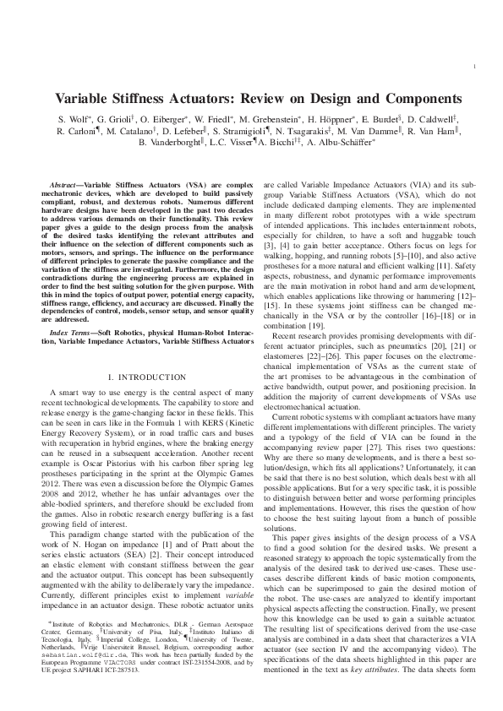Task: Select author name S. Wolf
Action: pyautogui.click(x=74, y=120)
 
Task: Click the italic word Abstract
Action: pyautogui.click(x=65, y=183)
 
